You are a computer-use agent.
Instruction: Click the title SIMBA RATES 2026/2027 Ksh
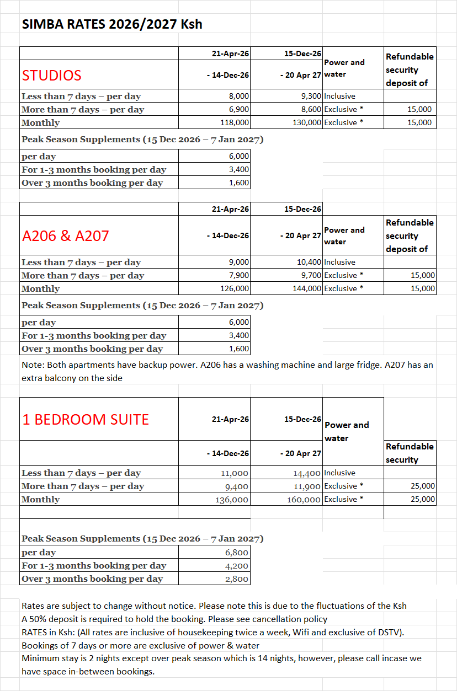click(112, 24)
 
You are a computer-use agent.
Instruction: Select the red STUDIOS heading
click(52, 75)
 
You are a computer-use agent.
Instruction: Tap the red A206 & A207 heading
click(66, 235)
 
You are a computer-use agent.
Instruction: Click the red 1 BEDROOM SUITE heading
click(86, 420)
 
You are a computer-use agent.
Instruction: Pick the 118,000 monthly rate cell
click(235, 122)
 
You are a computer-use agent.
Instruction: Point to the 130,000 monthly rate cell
click(307, 122)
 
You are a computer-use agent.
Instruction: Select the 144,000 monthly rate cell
click(307, 288)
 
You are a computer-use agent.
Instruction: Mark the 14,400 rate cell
click(307, 473)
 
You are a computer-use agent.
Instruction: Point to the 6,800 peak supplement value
click(237, 552)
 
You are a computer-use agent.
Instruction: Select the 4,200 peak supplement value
click(237, 565)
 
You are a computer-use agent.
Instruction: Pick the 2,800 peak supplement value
click(237, 578)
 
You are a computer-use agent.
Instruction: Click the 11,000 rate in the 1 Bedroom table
click(235, 473)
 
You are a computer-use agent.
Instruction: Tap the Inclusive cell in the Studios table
click(339, 96)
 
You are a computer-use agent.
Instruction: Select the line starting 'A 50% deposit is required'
click(174, 619)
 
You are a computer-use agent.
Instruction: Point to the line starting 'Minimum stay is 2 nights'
click(221, 658)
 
